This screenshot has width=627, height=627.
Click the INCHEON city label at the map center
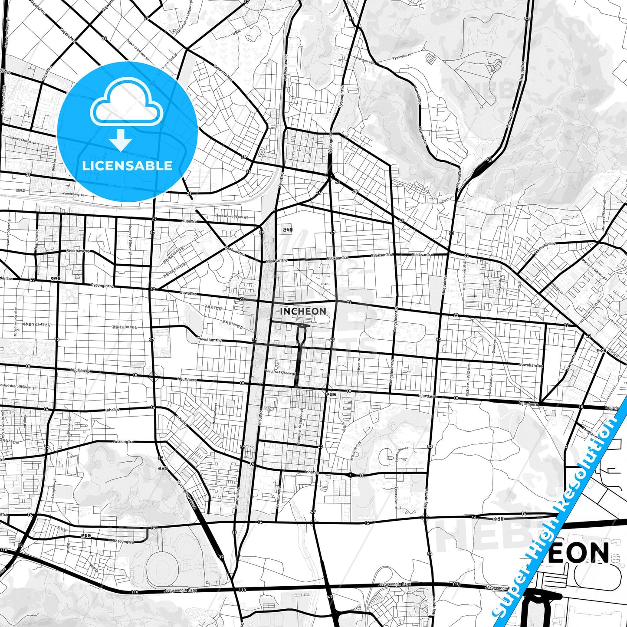303,311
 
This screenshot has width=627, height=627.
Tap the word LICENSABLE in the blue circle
127,165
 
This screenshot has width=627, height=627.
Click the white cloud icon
126,104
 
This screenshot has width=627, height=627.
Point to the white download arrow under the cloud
120,140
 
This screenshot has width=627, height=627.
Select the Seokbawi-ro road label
78,251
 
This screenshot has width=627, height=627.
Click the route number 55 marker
351,19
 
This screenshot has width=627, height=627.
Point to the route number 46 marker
319,193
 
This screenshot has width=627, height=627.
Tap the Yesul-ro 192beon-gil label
280,371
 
